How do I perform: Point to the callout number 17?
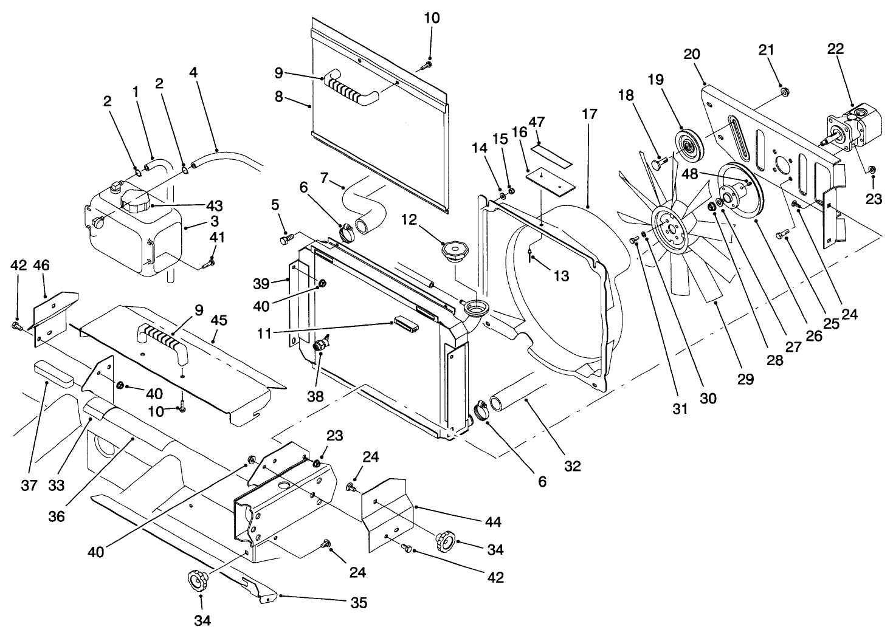(589, 114)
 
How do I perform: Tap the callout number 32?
(572, 466)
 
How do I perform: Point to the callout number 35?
(358, 603)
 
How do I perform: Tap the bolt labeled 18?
(658, 163)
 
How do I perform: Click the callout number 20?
(692, 53)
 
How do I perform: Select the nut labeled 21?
(784, 92)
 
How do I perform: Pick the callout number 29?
(746, 379)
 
